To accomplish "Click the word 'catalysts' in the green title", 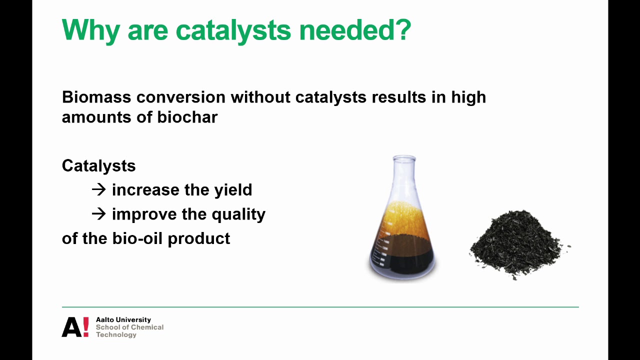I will click(x=233, y=30).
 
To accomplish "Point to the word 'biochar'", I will click(x=187, y=117).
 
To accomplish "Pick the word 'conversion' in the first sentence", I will click(x=183, y=96).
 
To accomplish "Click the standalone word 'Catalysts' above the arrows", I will click(x=98, y=165).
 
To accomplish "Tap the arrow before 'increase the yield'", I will click(x=99, y=189).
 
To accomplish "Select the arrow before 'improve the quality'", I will click(x=99, y=213).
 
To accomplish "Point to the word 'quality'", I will click(x=238, y=214).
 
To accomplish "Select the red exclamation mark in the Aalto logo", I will click(x=85, y=326).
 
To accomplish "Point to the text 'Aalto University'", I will click(x=123, y=319).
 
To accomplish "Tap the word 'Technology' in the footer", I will click(x=116, y=334).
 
